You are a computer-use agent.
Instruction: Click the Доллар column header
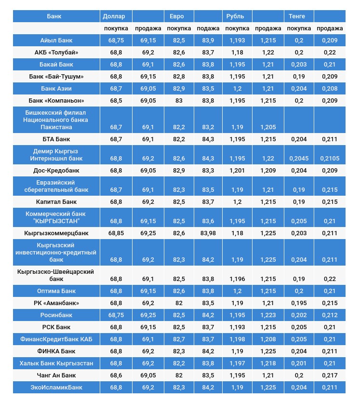coord(114,16)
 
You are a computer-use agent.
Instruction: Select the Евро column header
coord(177,16)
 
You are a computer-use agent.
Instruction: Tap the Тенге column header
coord(296,16)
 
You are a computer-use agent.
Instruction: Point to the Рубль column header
coord(235,16)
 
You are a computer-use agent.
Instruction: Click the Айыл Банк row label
coord(56,40)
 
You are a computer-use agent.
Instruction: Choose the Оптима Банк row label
coord(56,291)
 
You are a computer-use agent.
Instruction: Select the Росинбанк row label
coord(56,315)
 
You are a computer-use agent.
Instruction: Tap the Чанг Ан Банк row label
coord(56,375)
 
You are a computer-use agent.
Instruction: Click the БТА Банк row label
coord(56,139)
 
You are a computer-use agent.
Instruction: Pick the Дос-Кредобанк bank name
coord(56,171)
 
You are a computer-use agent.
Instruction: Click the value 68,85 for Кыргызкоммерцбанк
coord(116,233)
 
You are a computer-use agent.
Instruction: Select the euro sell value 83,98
coord(208,233)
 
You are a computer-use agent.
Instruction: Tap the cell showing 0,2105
coord(330,158)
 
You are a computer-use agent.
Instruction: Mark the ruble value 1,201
coord(237,171)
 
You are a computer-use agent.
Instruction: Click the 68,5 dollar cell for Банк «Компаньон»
coord(116,101)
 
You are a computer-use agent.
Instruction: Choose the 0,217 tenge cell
coord(330,375)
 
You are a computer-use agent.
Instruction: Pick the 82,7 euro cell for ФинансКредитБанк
coord(179,339)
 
